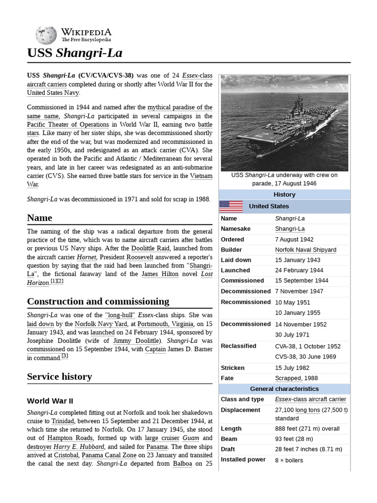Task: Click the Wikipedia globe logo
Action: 46,35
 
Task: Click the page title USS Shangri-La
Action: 75,53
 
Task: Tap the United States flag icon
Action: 231,206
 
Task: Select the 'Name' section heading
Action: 40,218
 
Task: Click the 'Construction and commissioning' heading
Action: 98,301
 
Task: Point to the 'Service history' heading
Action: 59,377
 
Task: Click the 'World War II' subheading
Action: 50,401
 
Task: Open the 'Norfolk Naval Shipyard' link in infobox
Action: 305,250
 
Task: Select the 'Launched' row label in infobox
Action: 235,270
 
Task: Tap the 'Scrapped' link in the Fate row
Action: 288,378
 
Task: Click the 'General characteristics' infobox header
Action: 284,389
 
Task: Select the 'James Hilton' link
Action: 159,274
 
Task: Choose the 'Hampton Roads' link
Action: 59,438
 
